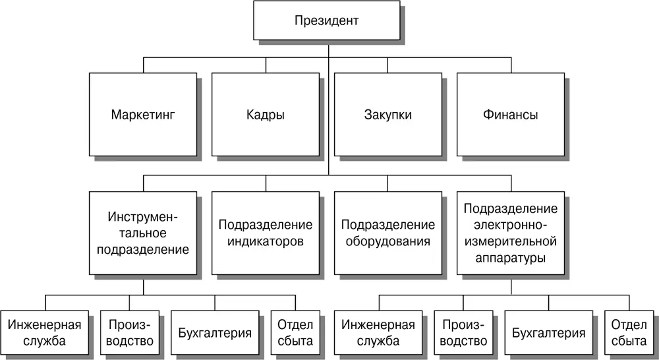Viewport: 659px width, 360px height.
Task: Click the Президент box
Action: [327, 20]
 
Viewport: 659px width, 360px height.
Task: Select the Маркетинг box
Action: [143, 114]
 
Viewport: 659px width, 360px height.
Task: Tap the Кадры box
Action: [266, 114]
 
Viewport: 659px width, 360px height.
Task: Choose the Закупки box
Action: [388, 114]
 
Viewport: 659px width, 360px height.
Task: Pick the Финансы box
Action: [511, 114]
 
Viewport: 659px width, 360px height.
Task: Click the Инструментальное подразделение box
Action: [143, 233]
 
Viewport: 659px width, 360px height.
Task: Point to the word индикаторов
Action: [266, 242]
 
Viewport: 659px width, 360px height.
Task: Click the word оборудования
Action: [388, 242]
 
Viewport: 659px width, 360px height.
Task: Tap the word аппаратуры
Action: [511, 258]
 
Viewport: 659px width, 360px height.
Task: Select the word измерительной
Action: [511, 241]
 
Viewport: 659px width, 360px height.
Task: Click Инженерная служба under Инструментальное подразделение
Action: [45, 332]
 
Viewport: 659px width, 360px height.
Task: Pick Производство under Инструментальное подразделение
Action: [130, 332]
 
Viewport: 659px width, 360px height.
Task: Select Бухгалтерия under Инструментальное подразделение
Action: [215, 332]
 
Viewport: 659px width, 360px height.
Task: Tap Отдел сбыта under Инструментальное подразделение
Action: [295, 332]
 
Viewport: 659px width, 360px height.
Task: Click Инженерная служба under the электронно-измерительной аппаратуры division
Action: [378, 332]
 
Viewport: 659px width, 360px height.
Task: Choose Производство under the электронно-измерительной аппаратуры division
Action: [463, 332]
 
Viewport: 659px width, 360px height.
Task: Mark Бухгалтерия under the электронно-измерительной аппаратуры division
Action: [549, 332]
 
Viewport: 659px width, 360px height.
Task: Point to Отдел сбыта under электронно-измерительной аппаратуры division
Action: [629, 332]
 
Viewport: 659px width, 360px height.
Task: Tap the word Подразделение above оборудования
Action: [388, 225]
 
